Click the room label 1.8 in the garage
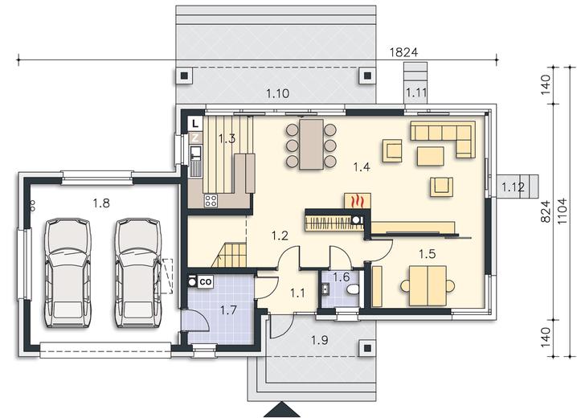pyautogui.click(x=101, y=203)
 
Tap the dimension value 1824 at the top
pyautogui.click(x=403, y=52)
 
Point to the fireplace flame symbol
pyautogui.click(x=358, y=202)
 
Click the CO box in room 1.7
pyautogui.click(x=206, y=282)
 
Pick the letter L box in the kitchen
pyautogui.click(x=195, y=123)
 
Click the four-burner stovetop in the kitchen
pyautogui.click(x=211, y=200)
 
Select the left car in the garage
pyautogui.click(x=68, y=273)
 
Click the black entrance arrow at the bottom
pyautogui.click(x=283, y=409)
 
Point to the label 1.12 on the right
pyautogui.click(x=514, y=187)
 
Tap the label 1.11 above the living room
pyautogui.click(x=416, y=92)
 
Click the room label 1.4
pyautogui.click(x=362, y=167)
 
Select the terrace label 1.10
pyautogui.click(x=278, y=93)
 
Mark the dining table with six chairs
pyautogui.click(x=311, y=144)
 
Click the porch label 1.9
pyautogui.click(x=319, y=340)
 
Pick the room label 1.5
pyautogui.click(x=428, y=253)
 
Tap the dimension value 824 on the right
pyautogui.click(x=546, y=211)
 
